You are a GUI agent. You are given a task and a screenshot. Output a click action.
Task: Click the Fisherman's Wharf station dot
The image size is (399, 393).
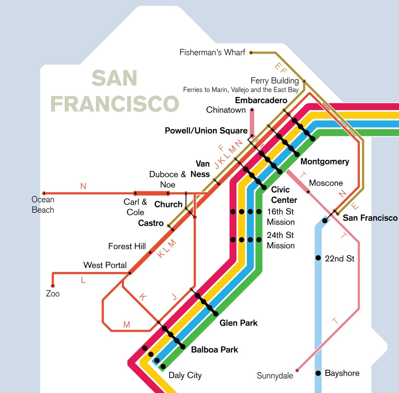(251, 53)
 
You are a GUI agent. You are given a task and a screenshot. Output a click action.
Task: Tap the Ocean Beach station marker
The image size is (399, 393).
(44, 193)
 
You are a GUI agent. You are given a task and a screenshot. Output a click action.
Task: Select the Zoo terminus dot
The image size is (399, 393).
(53, 286)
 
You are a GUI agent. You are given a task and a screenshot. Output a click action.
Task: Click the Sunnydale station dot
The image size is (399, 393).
(297, 370)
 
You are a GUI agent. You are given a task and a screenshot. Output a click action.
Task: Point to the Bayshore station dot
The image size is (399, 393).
(318, 373)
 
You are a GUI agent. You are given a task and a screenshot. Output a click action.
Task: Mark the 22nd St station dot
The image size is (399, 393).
(318, 258)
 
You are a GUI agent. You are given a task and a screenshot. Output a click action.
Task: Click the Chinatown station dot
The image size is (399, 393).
(252, 110)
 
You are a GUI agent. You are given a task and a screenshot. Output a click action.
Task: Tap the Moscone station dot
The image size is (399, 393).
(308, 192)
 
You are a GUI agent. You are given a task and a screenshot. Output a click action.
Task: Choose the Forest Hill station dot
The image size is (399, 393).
(150, 252)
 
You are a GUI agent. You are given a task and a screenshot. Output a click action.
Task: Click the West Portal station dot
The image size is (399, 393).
(129, 273)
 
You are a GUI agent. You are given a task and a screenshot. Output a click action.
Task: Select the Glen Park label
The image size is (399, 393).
(238, 323)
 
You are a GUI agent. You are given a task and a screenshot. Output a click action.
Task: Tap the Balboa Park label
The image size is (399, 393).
(215, 350)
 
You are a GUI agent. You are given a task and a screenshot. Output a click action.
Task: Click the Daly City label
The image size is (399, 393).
(185, 375)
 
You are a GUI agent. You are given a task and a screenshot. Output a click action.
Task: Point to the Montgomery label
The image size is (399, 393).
(324, 161)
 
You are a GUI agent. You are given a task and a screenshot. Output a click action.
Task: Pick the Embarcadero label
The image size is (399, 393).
(261, 100)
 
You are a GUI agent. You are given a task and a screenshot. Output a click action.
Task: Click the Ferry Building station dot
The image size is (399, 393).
(304, 81)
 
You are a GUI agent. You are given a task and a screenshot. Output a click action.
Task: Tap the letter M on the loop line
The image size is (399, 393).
(127, 325)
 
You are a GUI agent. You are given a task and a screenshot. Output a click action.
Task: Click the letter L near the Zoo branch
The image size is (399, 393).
(83, 280)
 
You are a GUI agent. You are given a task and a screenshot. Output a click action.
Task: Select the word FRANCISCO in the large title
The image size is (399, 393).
(115, 104)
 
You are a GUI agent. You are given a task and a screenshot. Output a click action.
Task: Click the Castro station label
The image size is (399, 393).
(151, 223)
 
